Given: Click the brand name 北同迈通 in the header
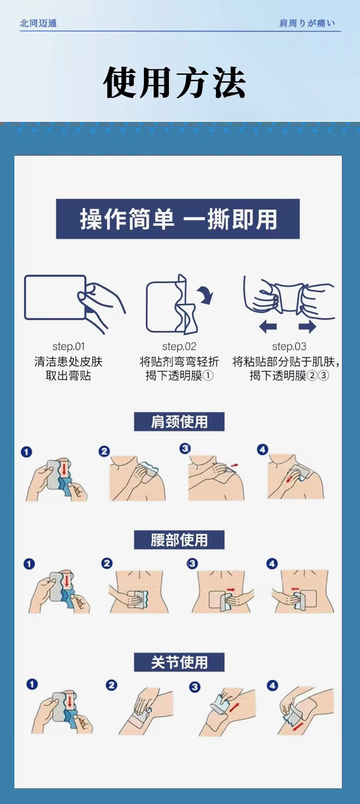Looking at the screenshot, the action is point(38,24).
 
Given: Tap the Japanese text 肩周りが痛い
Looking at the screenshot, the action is point(307,24).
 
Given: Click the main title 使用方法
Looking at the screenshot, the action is point(174,83).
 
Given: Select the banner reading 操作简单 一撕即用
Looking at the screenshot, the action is point(178,218).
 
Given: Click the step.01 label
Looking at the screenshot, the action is point(69,347).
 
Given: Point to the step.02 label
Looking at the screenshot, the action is point(179,347).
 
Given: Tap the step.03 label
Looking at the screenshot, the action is point(289,347).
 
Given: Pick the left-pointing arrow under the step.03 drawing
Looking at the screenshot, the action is point(268,326).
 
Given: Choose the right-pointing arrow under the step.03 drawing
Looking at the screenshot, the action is point(307,326).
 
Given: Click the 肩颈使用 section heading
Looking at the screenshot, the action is point(179,422).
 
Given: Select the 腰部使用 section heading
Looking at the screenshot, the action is point(179,540).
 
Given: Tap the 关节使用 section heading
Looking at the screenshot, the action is point(179,662).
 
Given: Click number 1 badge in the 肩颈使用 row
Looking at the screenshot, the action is point(26,452).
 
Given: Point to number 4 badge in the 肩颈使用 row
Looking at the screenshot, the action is point(263,449).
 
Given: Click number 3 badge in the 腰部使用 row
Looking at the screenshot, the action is point(192,564).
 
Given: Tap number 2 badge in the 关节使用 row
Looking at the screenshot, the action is point(111,685).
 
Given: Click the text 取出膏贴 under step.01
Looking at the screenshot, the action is point(69,376).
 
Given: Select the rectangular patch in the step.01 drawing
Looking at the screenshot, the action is point(55,297).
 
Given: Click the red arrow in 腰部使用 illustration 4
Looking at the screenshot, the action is point(295,589).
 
